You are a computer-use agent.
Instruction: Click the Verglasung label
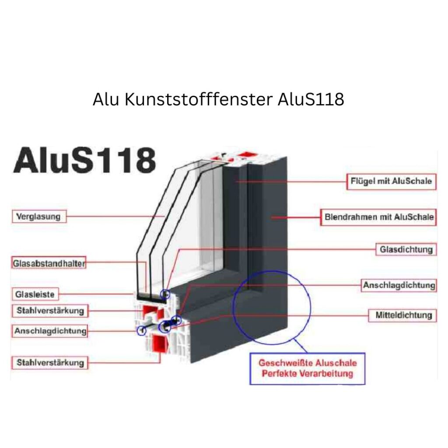coord(38,216)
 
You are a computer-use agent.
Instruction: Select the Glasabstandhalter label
coord(49,263)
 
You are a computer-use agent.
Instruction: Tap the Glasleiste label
coord(35,294)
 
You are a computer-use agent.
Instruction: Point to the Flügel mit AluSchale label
coord(391,181)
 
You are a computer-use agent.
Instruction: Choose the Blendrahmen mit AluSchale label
coord(379,217)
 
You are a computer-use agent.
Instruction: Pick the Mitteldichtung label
coord(403,315)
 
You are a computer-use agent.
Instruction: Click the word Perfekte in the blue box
coord(278,374)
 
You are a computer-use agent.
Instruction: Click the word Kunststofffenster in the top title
coord(199,100)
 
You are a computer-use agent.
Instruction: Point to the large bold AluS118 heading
coord(84,161)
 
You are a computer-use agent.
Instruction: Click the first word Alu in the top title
coord(105,100)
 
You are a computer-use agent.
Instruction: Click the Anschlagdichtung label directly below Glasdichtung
coord(399,285)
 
